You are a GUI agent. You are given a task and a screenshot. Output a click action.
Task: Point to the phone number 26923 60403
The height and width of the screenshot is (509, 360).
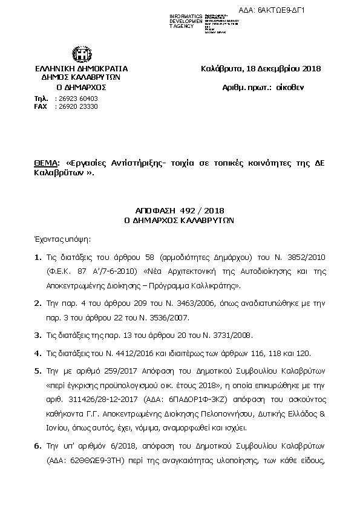tap(77, 98)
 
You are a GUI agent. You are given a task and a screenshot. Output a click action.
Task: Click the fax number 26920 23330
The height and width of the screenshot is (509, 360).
tap(77, 106)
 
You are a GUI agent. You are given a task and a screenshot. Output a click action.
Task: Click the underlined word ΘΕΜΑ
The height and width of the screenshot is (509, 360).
tap(47, 163)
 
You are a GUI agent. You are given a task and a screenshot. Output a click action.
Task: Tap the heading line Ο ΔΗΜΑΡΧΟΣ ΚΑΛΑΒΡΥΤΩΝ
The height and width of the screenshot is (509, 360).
tap(179, 221)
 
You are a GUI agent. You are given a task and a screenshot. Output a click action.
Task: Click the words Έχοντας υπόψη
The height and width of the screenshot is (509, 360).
tap(59, 239)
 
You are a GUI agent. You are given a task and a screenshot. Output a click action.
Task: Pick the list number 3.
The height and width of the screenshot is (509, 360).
tap(38, 335)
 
